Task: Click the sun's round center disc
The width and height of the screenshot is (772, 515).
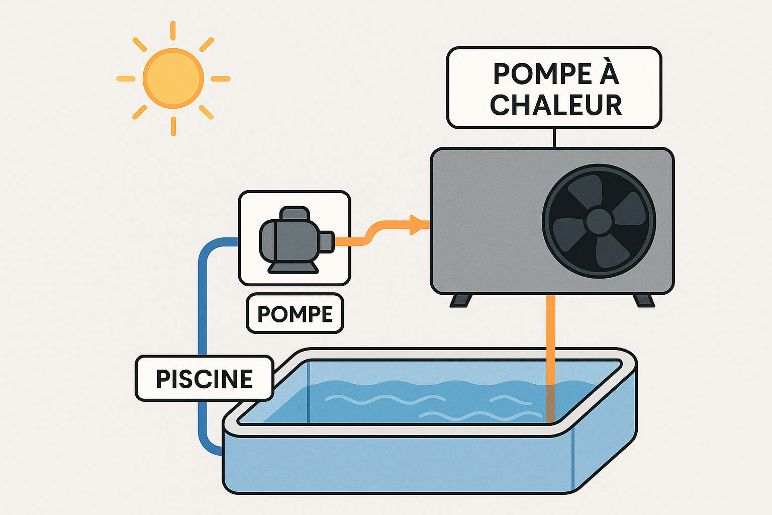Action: [x=173, y=78]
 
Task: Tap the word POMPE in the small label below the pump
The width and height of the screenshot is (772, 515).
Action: [x=295, y=314]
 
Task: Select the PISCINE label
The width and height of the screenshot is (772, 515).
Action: [x=204, y=379]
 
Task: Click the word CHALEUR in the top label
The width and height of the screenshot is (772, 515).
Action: [x=556, y=105]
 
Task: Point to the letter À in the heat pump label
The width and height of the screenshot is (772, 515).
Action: [x=609, y=73]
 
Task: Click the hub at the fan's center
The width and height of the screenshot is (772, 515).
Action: [x=599, y=221]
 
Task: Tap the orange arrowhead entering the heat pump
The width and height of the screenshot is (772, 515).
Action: [x=416, y=224]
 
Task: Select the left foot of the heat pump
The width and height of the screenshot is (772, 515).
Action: [x=460, y=301]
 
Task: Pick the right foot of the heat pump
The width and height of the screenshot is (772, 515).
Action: [x=644, y=301]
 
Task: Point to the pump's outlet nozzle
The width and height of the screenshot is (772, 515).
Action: [x=326, y=241]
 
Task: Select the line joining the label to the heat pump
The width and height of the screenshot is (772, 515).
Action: [x=554, y=138]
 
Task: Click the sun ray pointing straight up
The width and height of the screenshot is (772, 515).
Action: [x=173, y=30]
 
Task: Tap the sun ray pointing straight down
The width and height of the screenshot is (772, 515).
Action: [x=173, y=126]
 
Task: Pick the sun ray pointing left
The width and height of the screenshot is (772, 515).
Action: [x=126, y=78]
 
